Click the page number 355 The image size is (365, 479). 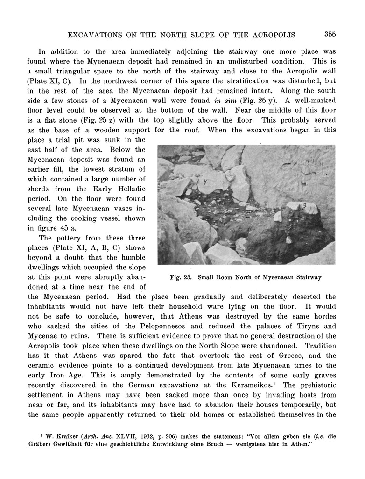point(330,34)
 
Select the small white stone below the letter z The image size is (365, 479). point(289,240)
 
